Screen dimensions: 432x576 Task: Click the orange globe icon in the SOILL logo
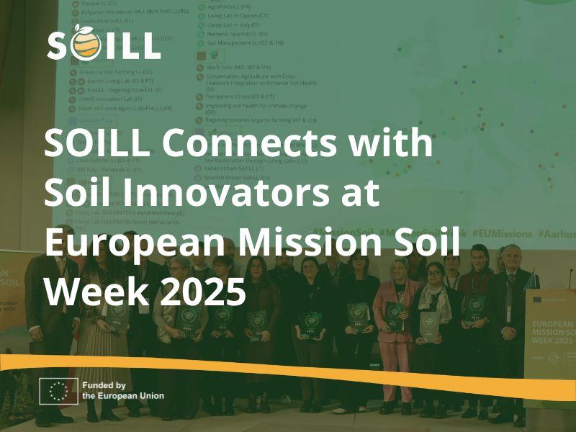pyautogui.click(x=84, y=45)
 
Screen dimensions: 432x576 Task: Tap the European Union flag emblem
pyautogui.click(x=58, y=391)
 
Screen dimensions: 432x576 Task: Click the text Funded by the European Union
pyautogui.click(x=122, y=391)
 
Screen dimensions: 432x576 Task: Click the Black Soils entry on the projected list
pyautogui.click(x=238, y=66)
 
